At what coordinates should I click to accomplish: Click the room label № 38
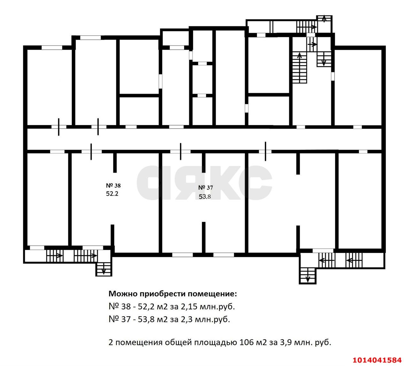pyautogui.click(x=113, y=185)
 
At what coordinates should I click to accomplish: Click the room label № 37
pyautogui.click(x=205, y=188)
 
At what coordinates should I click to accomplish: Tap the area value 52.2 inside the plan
pyautogui.click(x=112, y=193)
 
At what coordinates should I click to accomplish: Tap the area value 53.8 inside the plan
pyautogui.click(x=205, y=197)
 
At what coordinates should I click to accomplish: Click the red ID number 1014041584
pyautogui.click(x=379, y=360)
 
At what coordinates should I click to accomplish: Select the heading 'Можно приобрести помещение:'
pyautogui.click(x=173, y=294)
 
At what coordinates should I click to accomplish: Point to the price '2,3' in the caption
pyautogui.click(x=187, y=319)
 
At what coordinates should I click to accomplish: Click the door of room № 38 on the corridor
pyautogui.click(x=91, y=152)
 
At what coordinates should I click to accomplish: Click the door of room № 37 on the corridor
pyautogui.click(x=181, y=152)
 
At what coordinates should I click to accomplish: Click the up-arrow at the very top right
pyautogui.click(x=324, y=19)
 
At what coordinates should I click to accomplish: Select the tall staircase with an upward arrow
pyautogui.click(x=299, y=68)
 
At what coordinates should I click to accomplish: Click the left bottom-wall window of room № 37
pyautogui.click(x=182, y=255)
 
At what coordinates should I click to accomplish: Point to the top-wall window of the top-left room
pyautogui.click(x=52, y=48)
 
